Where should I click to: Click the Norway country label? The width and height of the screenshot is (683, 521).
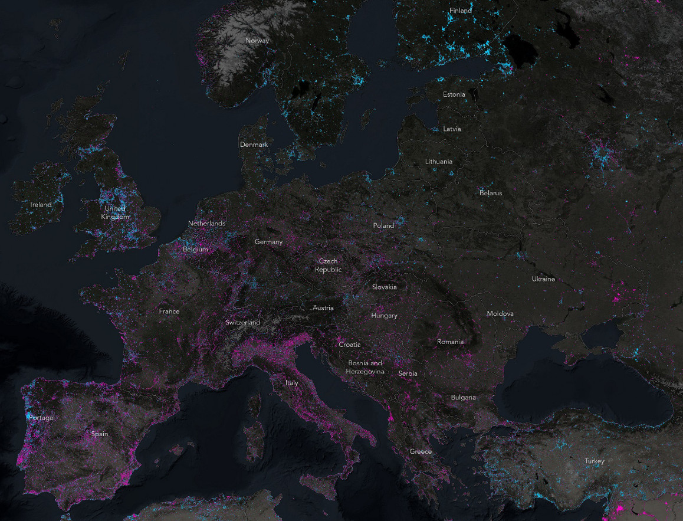[257, 41]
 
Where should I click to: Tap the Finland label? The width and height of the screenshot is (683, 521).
[460, 11]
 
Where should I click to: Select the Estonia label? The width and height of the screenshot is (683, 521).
[454, 94]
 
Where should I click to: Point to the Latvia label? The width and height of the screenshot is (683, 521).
[452, 129]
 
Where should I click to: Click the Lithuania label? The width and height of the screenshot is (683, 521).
[439, 162]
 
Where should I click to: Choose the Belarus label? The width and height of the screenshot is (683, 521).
[490, 193]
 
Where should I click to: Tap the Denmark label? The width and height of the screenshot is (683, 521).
[254, 145]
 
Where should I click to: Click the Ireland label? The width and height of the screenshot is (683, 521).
[41, 205]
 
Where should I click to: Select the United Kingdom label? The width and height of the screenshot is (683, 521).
[114, 212]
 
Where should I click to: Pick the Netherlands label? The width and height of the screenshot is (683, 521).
[206, 224]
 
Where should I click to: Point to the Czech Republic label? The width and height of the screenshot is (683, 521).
[328, 265]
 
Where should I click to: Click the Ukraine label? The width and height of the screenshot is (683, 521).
[543, 278]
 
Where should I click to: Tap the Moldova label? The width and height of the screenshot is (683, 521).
[500, 313]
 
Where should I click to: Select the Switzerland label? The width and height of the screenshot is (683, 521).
[242, 323]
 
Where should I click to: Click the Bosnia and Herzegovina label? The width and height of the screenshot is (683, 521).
[365, 367]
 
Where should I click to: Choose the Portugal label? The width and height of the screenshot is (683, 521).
[41, 418]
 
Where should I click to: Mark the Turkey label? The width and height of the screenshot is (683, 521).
[594, 461]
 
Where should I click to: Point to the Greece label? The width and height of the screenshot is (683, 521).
[421, 451]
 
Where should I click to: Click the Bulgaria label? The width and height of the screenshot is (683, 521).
[463, 397]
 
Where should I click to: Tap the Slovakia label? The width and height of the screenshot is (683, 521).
[384, 287]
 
